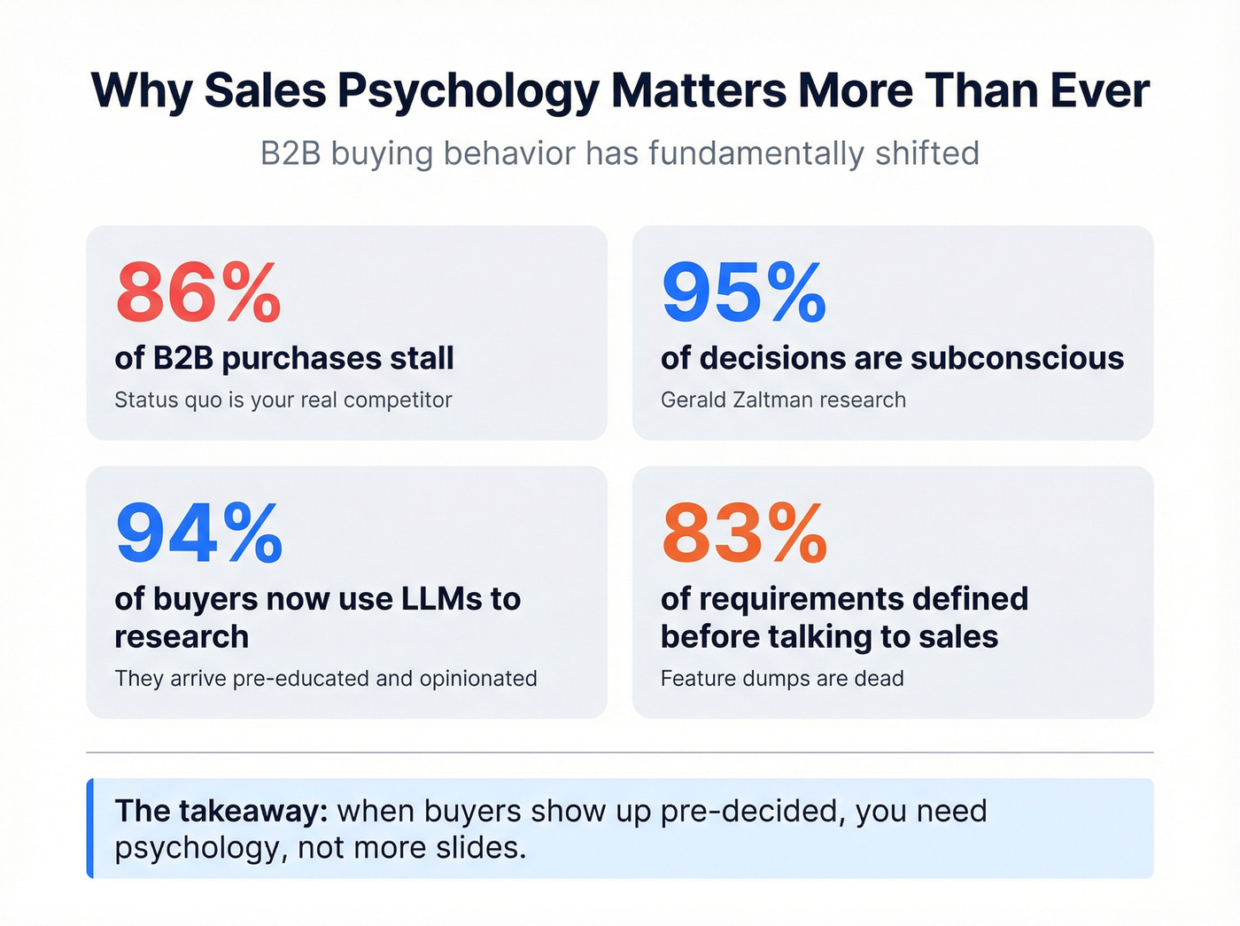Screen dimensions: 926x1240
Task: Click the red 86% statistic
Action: pos(198,293)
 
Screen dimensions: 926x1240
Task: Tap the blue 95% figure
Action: pos(744,293)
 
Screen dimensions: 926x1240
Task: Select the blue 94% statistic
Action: pos(199,533)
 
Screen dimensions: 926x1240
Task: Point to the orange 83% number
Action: pos(744,533)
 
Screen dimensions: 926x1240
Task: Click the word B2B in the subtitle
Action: pos(291,153)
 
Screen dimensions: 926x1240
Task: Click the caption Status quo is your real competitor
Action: pos(283,401)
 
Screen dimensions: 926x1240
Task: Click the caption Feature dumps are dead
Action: pos(782,679)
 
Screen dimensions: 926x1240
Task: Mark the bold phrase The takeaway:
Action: pos(221,811)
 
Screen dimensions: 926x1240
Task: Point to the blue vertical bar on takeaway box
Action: pos(90,829)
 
